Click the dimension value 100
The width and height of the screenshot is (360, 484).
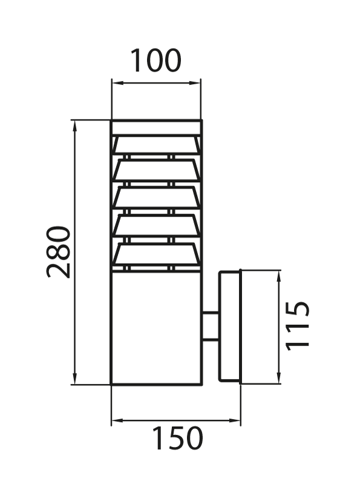(155, 60)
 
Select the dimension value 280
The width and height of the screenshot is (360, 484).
(58, 252)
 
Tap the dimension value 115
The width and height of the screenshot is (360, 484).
(297, 326)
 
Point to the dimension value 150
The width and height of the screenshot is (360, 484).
(178, 437)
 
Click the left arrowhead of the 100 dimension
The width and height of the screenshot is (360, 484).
(117, 83)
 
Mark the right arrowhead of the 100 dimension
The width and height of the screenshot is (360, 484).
(195, 83)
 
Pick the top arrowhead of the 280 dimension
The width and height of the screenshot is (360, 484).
(74, 126)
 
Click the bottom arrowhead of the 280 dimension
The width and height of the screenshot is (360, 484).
(74, 379)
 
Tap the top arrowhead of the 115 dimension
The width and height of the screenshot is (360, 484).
(279, 276)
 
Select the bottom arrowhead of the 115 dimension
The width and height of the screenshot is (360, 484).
(279, 378)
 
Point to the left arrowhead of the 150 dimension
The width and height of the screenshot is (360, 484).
(117, 420)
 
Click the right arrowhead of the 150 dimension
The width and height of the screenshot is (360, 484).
(234, 420)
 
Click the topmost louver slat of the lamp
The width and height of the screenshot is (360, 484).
(157, 145)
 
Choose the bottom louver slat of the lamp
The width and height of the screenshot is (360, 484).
(157, 255)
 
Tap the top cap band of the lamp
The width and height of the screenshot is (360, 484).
(157, 127)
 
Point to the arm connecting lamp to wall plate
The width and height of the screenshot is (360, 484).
(211, 327)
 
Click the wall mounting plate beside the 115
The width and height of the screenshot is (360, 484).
(230, 327)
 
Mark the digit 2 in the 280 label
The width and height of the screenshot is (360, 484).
(58, 269)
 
